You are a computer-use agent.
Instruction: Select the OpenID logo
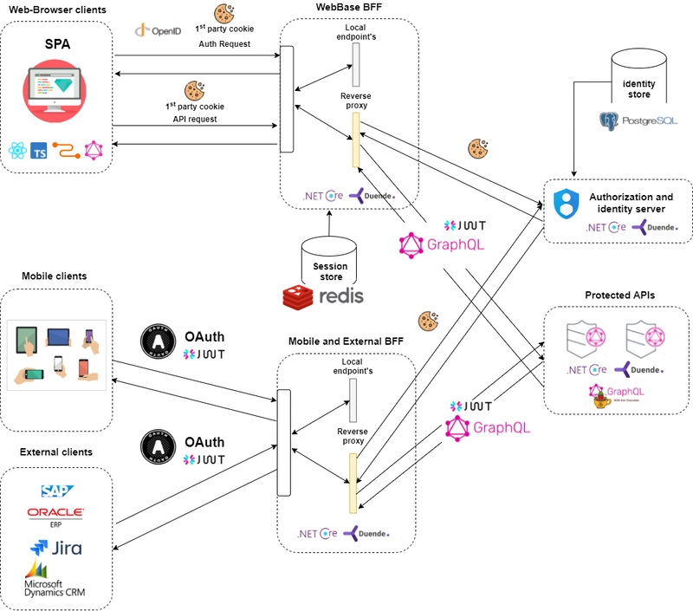159,30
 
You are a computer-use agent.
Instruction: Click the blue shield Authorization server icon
565,205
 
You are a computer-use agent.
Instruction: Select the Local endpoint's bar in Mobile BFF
353,400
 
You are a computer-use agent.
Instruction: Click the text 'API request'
195,119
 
